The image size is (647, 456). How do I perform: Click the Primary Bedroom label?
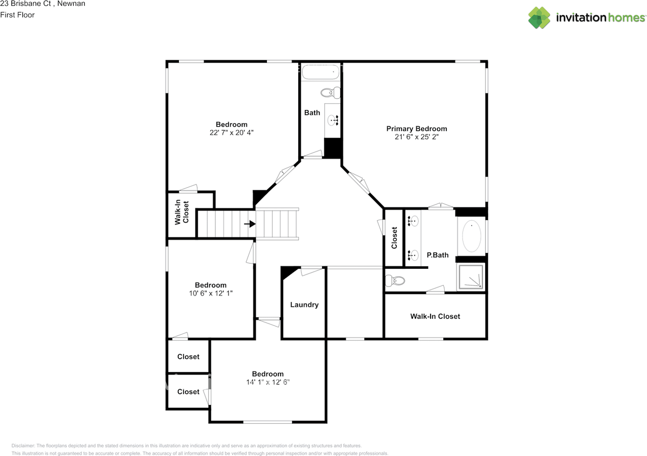[417, 129]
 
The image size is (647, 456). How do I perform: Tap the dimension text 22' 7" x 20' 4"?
[232, 133]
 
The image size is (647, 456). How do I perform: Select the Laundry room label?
[304, 305]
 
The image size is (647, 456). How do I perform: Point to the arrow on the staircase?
[249, 223]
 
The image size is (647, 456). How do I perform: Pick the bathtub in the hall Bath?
[320, 73]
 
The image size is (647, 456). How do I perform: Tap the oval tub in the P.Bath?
[472, 236]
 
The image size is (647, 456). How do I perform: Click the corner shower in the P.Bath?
[471, 276]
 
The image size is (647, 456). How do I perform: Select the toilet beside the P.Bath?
[395, 280]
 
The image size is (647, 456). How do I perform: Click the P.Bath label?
[438, 255]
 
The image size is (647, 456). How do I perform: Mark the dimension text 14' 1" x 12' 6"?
[268, 382]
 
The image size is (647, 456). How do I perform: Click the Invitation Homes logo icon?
[539, 18]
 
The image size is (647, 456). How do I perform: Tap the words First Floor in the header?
[17, 15]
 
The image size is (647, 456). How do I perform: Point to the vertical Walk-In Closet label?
[182, 213]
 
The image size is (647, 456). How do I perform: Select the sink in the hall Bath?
[333, 120]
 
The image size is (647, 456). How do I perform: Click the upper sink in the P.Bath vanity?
[413, 221]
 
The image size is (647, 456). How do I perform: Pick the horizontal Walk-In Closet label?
[435, 316]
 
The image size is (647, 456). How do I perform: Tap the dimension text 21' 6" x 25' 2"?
[417, 137]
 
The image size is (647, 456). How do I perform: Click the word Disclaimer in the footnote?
[21, 446]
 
